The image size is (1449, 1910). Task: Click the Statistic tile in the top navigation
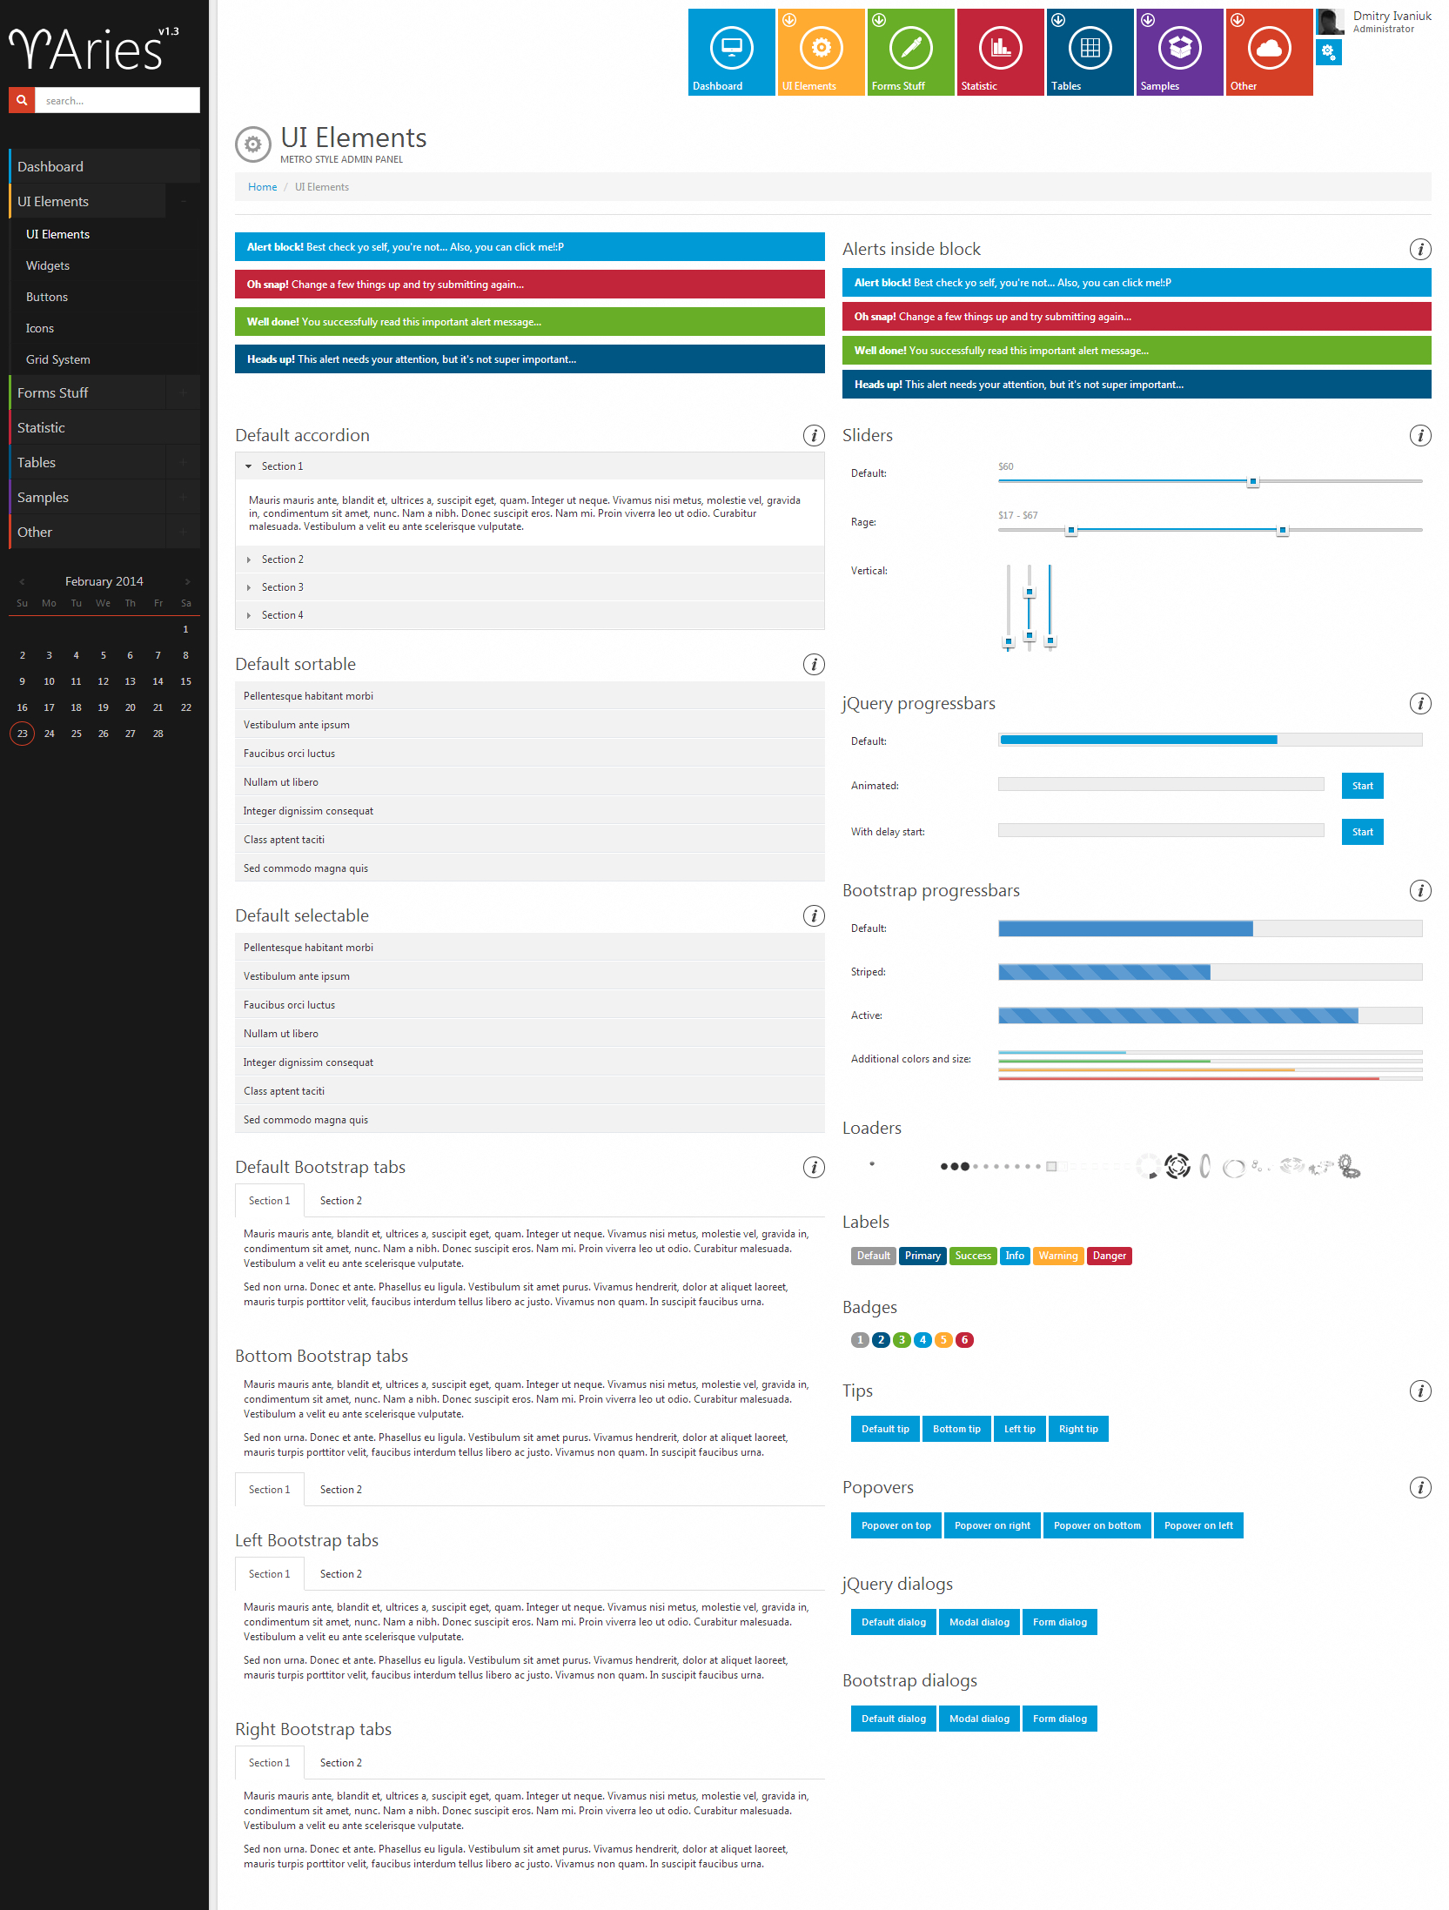(1000, 52)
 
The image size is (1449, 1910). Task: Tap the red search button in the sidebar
(22, 100)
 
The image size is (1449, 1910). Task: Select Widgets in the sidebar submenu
(48, 265)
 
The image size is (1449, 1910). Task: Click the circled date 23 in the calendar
(23, 734)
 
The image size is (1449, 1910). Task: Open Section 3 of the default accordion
(283, 587)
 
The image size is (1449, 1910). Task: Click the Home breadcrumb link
(262, 187)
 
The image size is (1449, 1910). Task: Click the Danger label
(1109, 1256)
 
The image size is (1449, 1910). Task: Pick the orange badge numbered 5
(943, 1340)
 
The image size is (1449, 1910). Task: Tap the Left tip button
(1019, 1429)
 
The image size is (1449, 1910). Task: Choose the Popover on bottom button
(1097, 1525)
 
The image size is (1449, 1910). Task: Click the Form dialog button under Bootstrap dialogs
(1059, 1719)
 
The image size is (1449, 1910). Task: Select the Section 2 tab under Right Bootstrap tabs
(340, 1763)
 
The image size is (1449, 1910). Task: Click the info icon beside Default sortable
(813, 665)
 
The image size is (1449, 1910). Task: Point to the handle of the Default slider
(1253, 481)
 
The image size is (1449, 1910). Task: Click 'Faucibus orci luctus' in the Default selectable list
(289, 1005)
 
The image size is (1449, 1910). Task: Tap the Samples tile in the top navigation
(1179, 52)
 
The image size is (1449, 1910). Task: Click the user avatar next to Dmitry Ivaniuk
(1329, 22)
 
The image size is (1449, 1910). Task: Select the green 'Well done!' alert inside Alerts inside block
(1136, 351)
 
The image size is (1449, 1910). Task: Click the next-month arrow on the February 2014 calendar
(187, 581)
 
